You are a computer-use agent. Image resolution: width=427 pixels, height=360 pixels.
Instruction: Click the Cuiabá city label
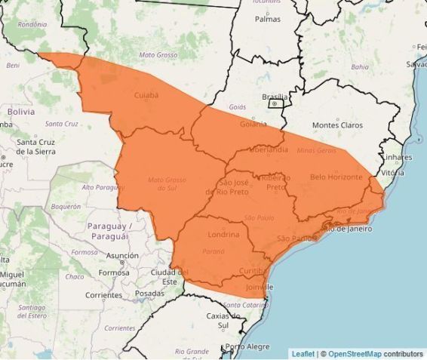146,96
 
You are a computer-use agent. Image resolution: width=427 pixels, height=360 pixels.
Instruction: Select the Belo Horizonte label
336,177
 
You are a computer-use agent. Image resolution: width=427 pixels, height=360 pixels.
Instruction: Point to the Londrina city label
223,235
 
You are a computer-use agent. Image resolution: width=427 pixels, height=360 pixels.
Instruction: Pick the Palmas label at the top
268,19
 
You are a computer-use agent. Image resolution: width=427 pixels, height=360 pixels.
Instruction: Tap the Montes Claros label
337,125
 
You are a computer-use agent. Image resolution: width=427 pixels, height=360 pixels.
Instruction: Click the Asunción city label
122,256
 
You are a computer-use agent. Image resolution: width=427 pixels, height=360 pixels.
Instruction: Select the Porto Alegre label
247,346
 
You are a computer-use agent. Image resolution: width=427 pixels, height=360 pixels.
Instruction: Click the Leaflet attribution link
303,353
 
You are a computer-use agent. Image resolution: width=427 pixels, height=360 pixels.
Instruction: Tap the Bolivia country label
21,111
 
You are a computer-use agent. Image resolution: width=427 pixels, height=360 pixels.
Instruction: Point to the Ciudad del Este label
170,276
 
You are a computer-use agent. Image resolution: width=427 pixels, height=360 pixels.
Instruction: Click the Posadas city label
149,294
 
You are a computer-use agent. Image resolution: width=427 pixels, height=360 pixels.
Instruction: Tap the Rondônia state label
32,24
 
